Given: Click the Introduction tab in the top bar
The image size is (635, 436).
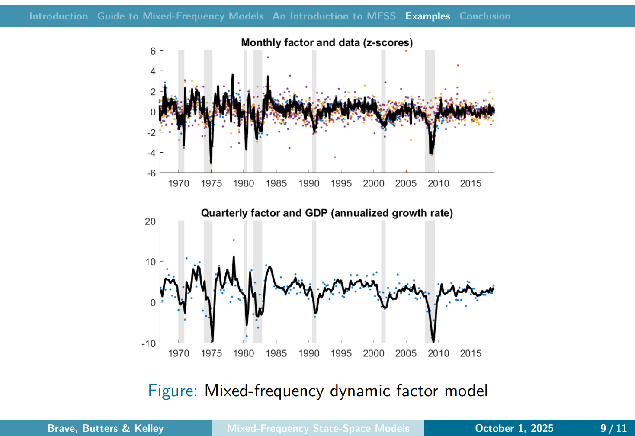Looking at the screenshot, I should (58, 16).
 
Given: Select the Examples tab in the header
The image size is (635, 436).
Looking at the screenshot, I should (427, 16).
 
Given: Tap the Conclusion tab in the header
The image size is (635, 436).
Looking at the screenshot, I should (484, 16).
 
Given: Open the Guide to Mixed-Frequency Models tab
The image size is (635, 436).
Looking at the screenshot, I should (180, 16).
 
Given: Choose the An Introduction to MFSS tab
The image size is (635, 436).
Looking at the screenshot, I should (334, 16).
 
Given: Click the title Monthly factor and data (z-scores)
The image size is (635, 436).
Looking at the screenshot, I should (327, 42).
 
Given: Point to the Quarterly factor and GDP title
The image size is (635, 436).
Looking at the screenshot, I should (327, 213).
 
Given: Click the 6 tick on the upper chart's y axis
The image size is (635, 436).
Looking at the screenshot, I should (153, 51).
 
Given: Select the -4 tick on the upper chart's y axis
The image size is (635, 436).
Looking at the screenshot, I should (151, 153).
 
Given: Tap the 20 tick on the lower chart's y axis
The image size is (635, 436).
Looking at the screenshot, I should (150, 221).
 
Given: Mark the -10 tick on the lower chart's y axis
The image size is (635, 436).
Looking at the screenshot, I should (148, 343).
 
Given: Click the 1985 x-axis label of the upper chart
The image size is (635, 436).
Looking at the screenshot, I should (276, 183).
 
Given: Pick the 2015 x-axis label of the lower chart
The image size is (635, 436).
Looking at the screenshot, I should (471, 353).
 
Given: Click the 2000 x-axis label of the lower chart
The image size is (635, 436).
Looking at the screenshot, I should (373, 353).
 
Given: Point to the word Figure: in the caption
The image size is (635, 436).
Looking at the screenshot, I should (173, 391).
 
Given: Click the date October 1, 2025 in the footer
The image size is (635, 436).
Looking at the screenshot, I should (514, 428).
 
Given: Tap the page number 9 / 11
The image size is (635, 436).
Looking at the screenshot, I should (613, 428).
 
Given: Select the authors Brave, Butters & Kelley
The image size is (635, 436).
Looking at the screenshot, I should (106, 428).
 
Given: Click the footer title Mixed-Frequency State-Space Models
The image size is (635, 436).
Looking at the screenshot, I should (318, 428).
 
